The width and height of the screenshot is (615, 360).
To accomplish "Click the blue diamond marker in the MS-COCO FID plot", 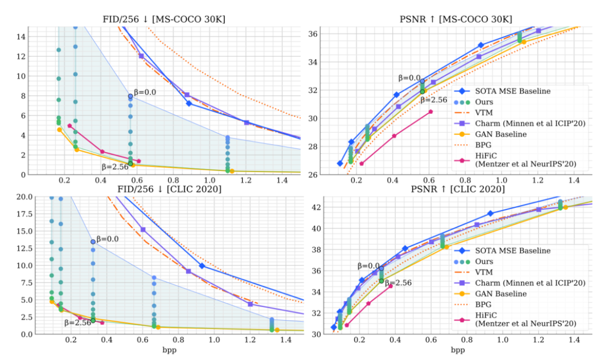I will [189, 103].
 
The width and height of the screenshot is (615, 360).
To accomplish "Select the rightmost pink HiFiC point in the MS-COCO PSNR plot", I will [430, 112].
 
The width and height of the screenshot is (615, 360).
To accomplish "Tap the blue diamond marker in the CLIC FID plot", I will [202, 265].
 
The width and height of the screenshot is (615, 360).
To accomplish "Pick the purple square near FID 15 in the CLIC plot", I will [143, 230].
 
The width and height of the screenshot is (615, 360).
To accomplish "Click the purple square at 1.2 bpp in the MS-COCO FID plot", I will [247, 122].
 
